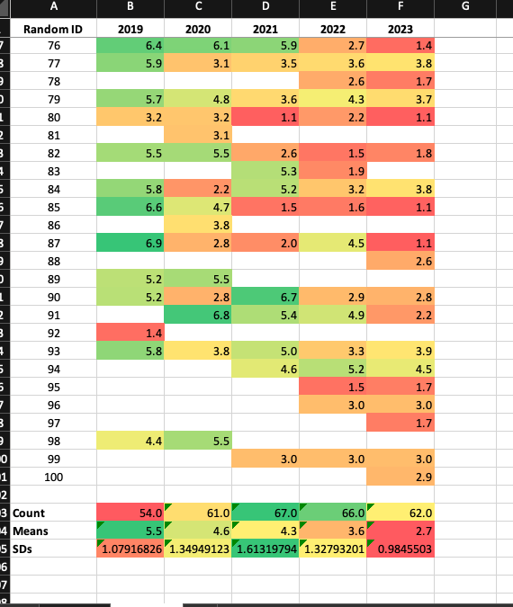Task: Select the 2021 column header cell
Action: [x=265, y=29]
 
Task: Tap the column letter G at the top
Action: [x=464, y=7]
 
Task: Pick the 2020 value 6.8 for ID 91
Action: [x=198, y=315]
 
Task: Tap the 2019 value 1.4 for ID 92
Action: [x=130, y=333]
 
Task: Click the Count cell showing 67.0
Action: [x=265, y=513]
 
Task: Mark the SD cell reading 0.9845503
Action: [x=400, y=548]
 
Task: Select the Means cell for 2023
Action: [x=400, y=531]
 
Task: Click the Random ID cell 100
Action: [x=53, y=476]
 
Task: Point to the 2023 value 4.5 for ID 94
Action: [x=400, y=369]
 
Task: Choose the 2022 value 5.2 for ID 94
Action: [x=333, y=369]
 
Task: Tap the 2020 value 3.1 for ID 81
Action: [x=198, y=135]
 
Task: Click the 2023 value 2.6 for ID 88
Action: [x=400, y=261]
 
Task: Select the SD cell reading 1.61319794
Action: [x=265, y=548]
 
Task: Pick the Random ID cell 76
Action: [x=53, y=45]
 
